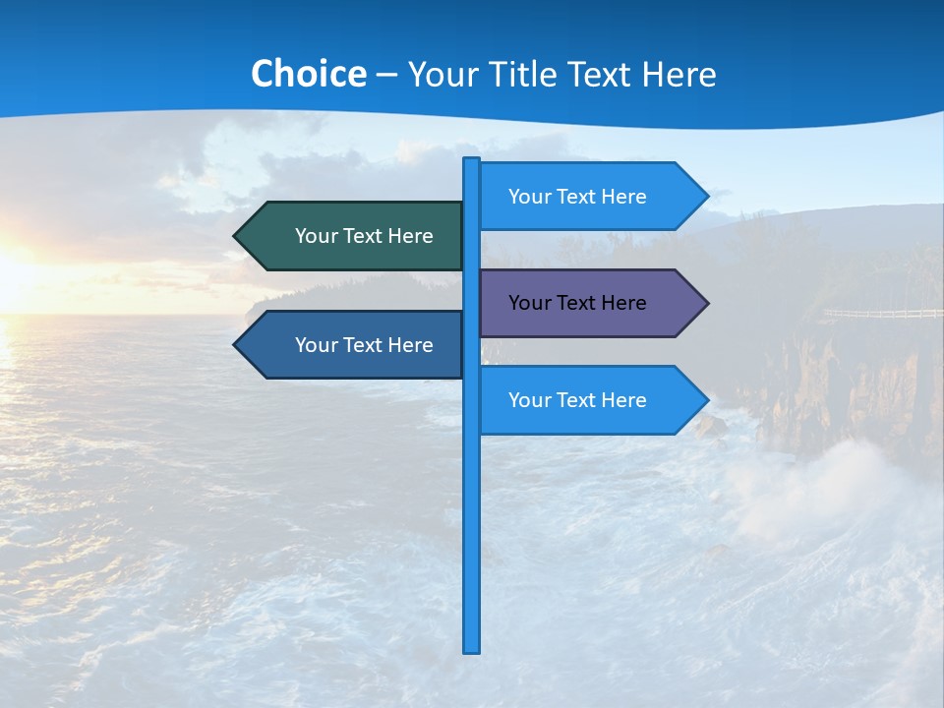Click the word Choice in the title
pyautogui.click(x=308, y=74)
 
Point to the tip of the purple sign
pyautogui.click(x=706, y=303)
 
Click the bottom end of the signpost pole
pyautogui.click(x=472, y=649)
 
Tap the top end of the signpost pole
pyautogui.click(x=472, y=160)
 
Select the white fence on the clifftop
pyautogui.click(x=880, y=314)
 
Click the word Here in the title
pyautogui.click(x=678, y=74)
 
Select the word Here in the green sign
pyautogui.click(x=411, y=236)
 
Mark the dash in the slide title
pyautogui.click(x=386, y=75)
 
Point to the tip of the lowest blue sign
pyautogui.click(x=706, y=400)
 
